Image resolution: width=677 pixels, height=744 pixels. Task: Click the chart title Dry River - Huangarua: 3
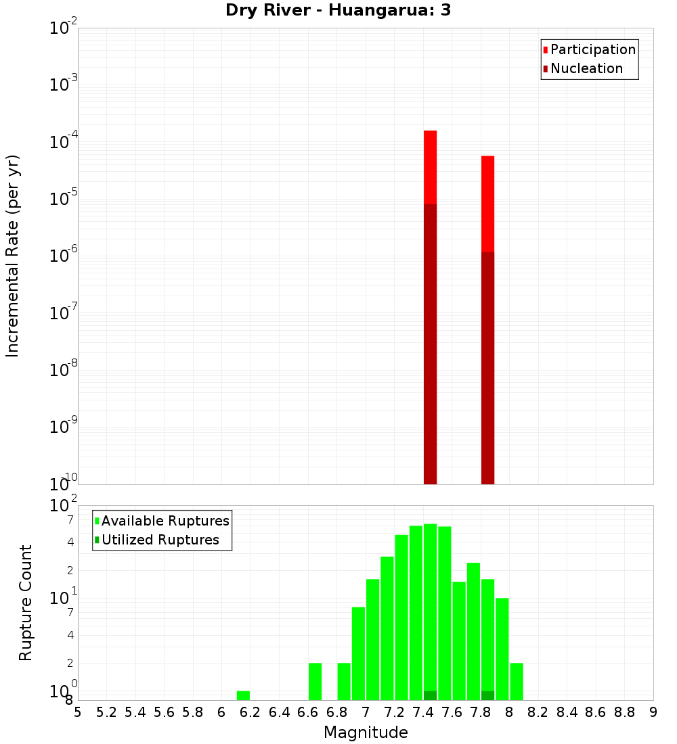pyautogui.click(x=338, y=10)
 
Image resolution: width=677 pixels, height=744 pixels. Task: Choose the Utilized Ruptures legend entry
pyautogui.click(x=160, y=540)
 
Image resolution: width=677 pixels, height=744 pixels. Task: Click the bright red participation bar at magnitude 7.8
pyautogui.click(x=487, y=203)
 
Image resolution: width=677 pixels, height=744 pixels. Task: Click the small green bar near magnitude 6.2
pyautogui.click(x=243, y=695)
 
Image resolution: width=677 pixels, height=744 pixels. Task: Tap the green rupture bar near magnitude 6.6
pyautogui.click(x=315, y=681)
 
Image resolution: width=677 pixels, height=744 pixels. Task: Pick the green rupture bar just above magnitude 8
pyautogui.click(x=517, y=681)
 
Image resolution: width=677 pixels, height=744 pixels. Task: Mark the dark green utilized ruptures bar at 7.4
pyautogui.click(x=430, y=695)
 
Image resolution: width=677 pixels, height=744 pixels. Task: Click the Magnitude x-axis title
pyautogui.click(x=366, y=733)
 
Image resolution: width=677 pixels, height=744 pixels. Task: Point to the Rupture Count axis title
pyautogui.click(x=26, y=603)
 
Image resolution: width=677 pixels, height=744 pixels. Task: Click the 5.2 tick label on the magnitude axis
pyautogui.click(x=106, y=712)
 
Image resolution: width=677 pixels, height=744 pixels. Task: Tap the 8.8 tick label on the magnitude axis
pyautogui.click(x=624, y=712)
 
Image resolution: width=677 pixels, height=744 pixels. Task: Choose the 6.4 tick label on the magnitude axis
pyautogui.click(x=279, y=712)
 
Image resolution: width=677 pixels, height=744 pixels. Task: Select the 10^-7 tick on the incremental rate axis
pyautogui.click(x=62, y=314)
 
